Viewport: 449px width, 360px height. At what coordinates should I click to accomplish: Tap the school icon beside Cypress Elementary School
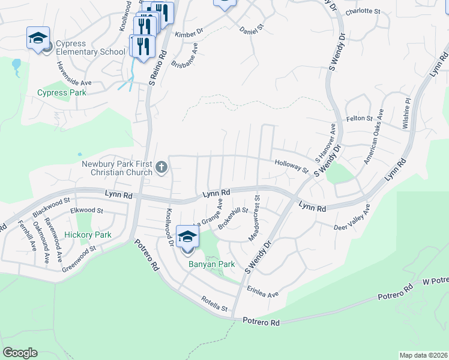click(x=38, y=39)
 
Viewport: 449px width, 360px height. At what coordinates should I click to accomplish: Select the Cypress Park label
click(x=62, y=93)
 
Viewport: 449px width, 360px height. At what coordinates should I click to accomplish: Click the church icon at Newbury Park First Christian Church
click(x=161, y=167)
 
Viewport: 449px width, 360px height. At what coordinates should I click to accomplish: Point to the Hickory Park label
click(x=88, y=235)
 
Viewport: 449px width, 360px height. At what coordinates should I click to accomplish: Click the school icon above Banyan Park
click(x=187, y=237)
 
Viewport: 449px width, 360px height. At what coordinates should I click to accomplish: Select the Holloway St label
click(x=291, y=166)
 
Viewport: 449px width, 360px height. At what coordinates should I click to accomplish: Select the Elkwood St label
click(x=87, y=211)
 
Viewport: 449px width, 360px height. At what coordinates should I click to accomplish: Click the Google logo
click(x=20, y=353)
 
